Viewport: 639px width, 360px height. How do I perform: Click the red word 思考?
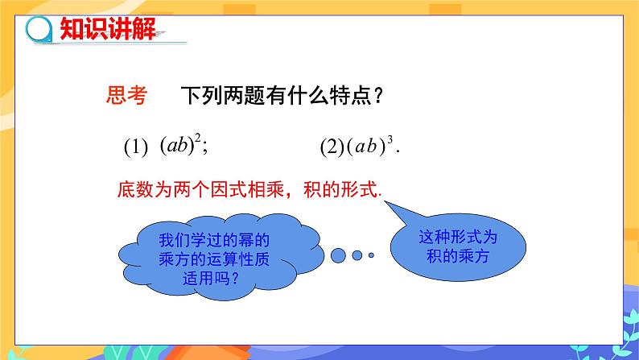point(126,97)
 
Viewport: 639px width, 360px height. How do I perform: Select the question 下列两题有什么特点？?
point(281,97)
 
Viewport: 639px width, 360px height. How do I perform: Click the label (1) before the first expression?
point(137,148)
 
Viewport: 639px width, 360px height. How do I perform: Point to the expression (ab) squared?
point(179,146)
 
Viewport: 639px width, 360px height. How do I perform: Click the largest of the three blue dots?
point(338,254)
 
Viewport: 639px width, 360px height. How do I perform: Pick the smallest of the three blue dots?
point(371,254)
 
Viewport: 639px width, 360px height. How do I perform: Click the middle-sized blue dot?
point(357,254)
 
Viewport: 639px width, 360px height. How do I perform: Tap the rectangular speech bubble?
point(459,246)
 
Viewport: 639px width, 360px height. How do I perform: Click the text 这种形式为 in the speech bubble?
point(460,238)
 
